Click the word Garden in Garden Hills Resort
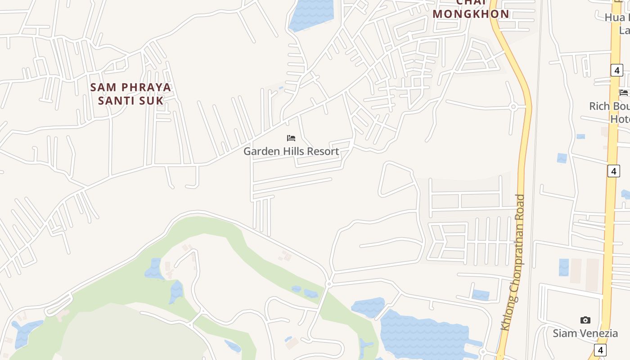pyautogui.click(x=258, y=151)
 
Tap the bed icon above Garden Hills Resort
pyautogui.click(x=291, y=138)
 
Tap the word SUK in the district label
pyautogui.click(x=151, y=100)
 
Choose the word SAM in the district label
pyautogui.click(x=103, y=87)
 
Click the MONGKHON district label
pyautogui.click(x=471, y=14)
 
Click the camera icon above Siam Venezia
pyautogui.click(x=585, y=320)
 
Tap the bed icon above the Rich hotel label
pyautogui.click(x=624, y=93)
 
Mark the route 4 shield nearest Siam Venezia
pyautogui.click(x=600, y=350)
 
